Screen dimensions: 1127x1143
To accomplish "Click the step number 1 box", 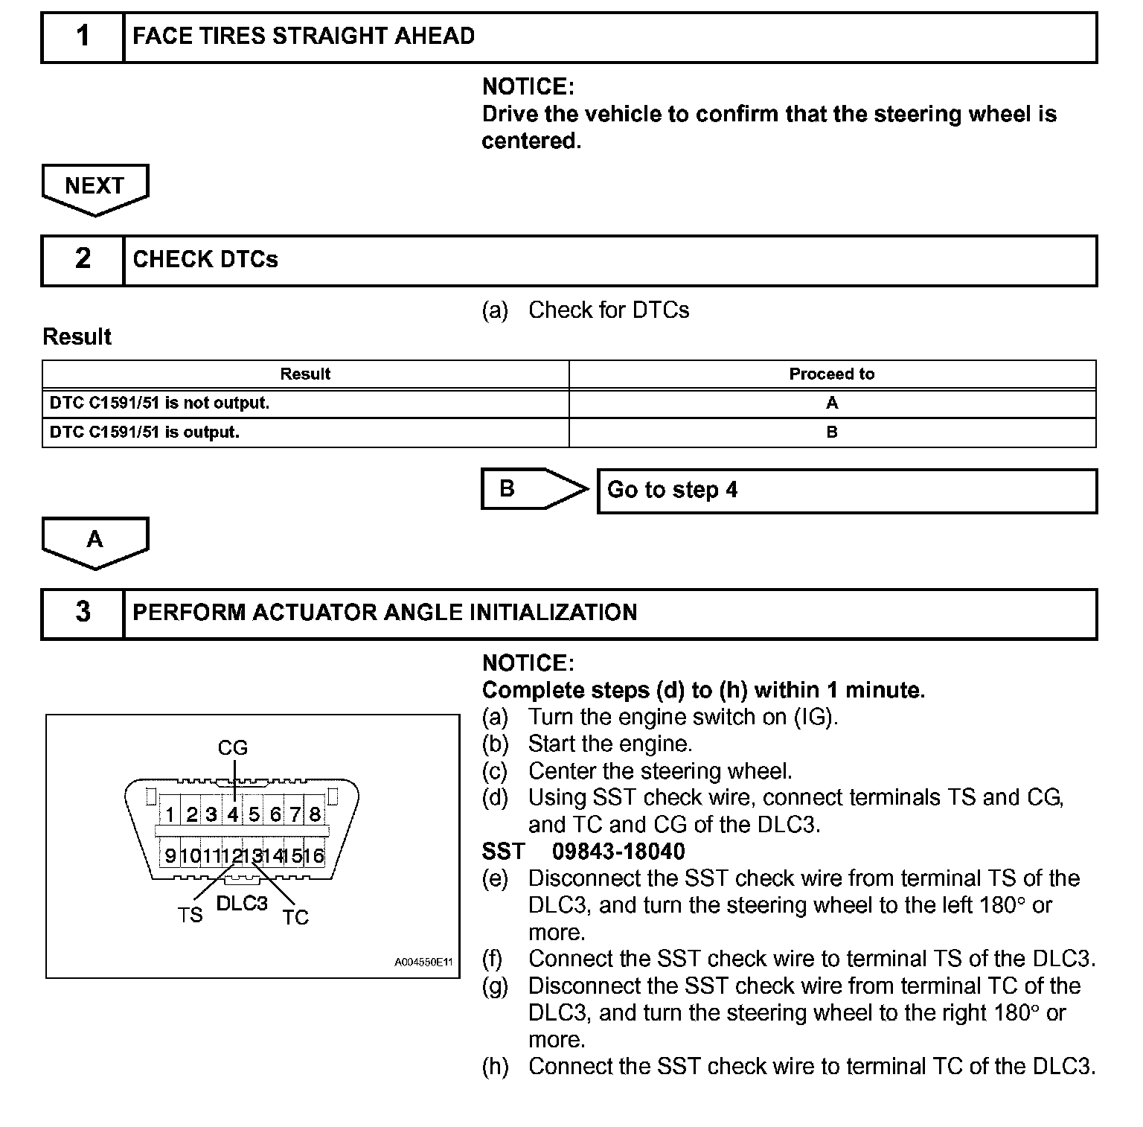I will click(x=83, y=36).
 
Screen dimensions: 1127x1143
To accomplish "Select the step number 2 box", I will click(x=83, y=260).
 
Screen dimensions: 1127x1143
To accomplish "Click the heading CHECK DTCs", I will click(x=205, y=260).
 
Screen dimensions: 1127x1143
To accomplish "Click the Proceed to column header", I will click(x=831, y=374).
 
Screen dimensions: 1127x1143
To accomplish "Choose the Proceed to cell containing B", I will click(x=831, y=432).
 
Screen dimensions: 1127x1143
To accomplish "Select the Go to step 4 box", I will click(x=847, y=491).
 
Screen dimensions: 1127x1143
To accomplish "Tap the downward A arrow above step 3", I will click(x=95, y=541).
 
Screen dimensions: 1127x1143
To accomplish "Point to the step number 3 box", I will click(x=83, y=613).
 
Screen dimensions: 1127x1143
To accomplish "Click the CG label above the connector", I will click(x=232, y=747).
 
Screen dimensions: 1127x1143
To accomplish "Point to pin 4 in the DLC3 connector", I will click(x=233, y=814).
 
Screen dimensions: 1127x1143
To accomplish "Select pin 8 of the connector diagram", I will click(x=315, y=814).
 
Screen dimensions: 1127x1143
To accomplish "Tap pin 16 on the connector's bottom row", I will click(x=315, y=856).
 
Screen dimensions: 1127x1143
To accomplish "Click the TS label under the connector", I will click(x=190, y=915).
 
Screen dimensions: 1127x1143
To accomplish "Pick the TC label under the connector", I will click(x=295, y=917).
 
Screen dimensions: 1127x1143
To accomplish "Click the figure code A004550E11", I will click(x=423, y=962).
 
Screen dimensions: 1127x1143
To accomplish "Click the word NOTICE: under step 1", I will click(x=528, y=87).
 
